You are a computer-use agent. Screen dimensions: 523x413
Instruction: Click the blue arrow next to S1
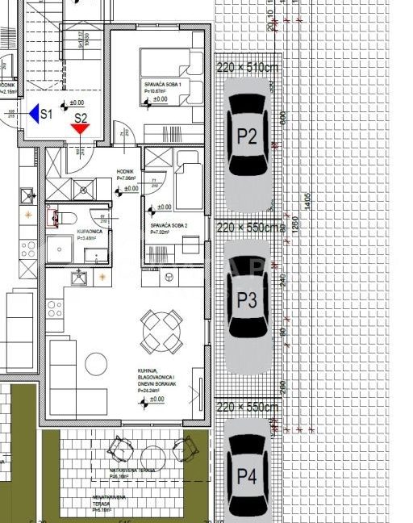pyautogui.click(x=34, y=114)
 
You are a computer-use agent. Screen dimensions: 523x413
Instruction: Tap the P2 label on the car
pyautogui.click(x=247, y=136)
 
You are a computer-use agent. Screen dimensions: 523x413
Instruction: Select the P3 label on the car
pyautogui.click(x=247, y=301)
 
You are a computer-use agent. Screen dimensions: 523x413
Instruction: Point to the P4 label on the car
pyautogui.click(x=247, y=476)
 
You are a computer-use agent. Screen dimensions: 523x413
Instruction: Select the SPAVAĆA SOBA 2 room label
pyautogui.click(x=168, y=225)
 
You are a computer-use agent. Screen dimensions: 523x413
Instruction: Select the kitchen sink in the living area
pyautogui.click(x=79, y=278)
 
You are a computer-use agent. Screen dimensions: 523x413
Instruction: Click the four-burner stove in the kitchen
pyautogui.click(x=55, y=308)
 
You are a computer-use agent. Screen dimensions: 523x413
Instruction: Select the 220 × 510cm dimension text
pyautogui.click(x=247, y=68)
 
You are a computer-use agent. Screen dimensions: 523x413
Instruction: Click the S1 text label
pyautogui.click(x=46, y=115)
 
